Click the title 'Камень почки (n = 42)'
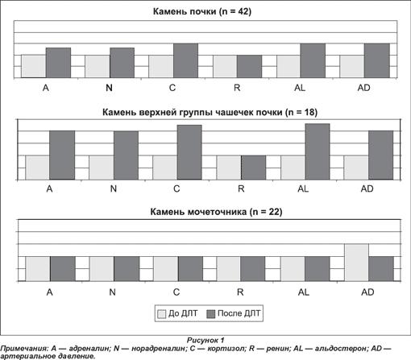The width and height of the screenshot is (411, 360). [202, 11]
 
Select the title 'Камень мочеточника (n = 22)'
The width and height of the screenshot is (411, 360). [216, 212]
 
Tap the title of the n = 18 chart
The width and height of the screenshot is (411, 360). [210, 112]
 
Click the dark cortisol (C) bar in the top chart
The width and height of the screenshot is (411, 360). [185, 60]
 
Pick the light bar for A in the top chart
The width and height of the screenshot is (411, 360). [34, 66]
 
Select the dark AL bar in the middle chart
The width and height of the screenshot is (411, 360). [318, 151]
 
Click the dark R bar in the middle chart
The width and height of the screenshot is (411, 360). [254, 168]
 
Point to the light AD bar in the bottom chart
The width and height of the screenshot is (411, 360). [356, 263]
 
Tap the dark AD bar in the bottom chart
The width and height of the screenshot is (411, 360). [381, 269]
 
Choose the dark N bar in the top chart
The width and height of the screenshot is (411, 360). [122, 63]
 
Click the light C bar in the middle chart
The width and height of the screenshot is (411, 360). [165, 168]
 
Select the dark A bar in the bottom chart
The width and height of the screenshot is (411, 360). [63, 269]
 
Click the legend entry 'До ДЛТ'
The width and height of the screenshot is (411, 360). [177, 313]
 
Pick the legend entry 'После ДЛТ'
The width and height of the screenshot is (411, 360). [234, 313]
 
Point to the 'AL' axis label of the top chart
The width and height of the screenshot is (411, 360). [300, 88]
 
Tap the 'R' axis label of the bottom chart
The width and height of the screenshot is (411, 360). [240, 292]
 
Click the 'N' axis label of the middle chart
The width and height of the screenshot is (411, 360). [114, 188]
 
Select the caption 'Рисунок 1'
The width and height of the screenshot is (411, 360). [205, 340]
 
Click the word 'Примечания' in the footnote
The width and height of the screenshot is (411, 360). [24, 349]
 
